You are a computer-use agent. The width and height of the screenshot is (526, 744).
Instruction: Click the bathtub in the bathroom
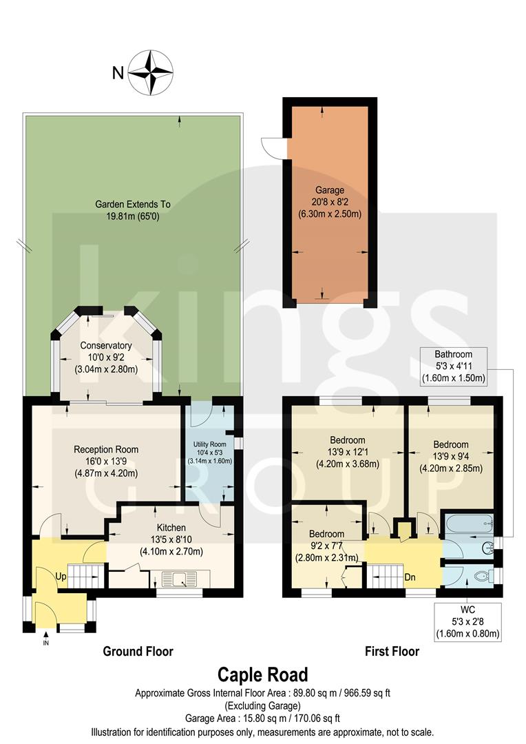pyautogui.click(x=467, y=526)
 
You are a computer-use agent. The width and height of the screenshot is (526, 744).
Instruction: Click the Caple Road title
pyautogui.click(x=263, y=674)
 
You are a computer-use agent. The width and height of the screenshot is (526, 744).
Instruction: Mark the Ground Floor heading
pyautogui.click(x=138, y=651)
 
